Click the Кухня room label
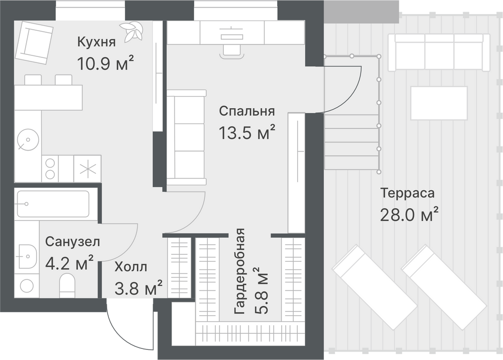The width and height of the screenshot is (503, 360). click(x=96, y=42)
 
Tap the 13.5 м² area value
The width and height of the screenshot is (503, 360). click(x=246, y=132)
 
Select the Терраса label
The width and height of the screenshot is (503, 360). click(x=407, y=193)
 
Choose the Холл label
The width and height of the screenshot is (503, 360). click(x=131, y=267)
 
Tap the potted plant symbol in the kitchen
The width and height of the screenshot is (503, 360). click(x=131, y=31)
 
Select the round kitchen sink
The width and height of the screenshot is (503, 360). click(x=28, y=140)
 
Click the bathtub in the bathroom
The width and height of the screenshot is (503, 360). click(x=53, y=203)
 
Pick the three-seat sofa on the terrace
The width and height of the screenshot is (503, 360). click(x=439, y=52)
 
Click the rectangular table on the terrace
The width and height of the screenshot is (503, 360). click(x=439, y=103)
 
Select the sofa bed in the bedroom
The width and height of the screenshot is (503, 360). click(x=186, y=138)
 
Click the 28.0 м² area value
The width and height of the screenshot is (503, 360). click(x=409, y=214)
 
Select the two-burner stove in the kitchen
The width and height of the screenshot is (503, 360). click(x=50, y=169)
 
